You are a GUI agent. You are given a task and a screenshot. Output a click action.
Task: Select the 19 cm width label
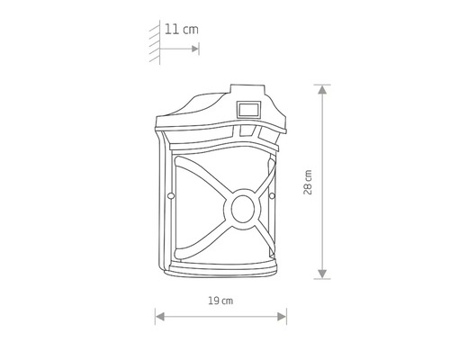[221, 299]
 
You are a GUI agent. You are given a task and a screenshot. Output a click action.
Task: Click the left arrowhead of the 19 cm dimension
[159, 316]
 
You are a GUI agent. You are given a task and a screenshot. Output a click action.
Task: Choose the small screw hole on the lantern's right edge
[271, 194]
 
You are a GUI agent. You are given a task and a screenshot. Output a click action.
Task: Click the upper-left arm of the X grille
[200, 179]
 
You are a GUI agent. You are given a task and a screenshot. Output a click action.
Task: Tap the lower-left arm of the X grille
[200, 238]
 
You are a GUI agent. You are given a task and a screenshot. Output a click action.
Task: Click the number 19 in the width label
[214, 299]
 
